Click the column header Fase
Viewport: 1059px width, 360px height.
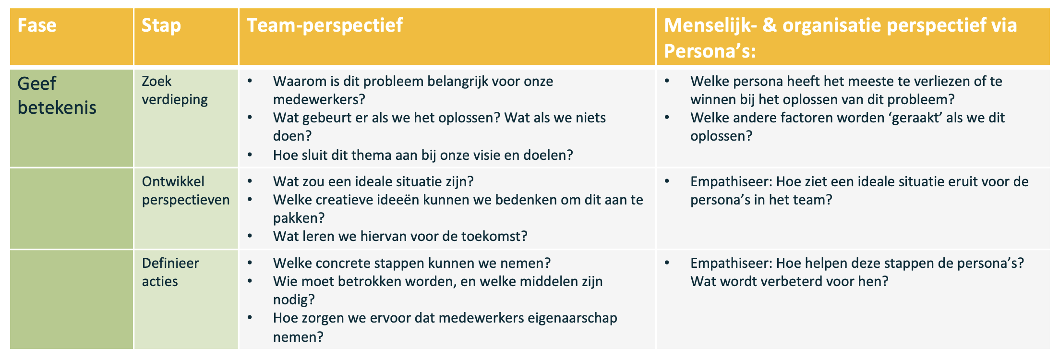pos(37,25)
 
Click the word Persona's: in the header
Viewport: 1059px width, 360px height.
pos(710,51)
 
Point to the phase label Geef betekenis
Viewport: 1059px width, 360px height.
pos(57,96)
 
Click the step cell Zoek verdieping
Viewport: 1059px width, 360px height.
pos(175,90)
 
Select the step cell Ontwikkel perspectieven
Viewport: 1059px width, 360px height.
pos(186,191)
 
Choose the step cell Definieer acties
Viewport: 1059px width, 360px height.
pos(170,272)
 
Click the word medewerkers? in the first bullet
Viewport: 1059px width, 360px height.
pos(319,99)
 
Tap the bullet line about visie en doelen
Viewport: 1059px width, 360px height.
pos(423,155)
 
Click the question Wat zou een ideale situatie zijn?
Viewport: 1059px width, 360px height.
pos(373,181)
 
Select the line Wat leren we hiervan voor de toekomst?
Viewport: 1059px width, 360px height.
pos(400,236)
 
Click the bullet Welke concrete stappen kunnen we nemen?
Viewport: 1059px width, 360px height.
pos(412,263)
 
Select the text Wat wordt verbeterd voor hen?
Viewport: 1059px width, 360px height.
pos(789,281)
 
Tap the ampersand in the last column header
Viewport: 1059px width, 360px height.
pos(770,25)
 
